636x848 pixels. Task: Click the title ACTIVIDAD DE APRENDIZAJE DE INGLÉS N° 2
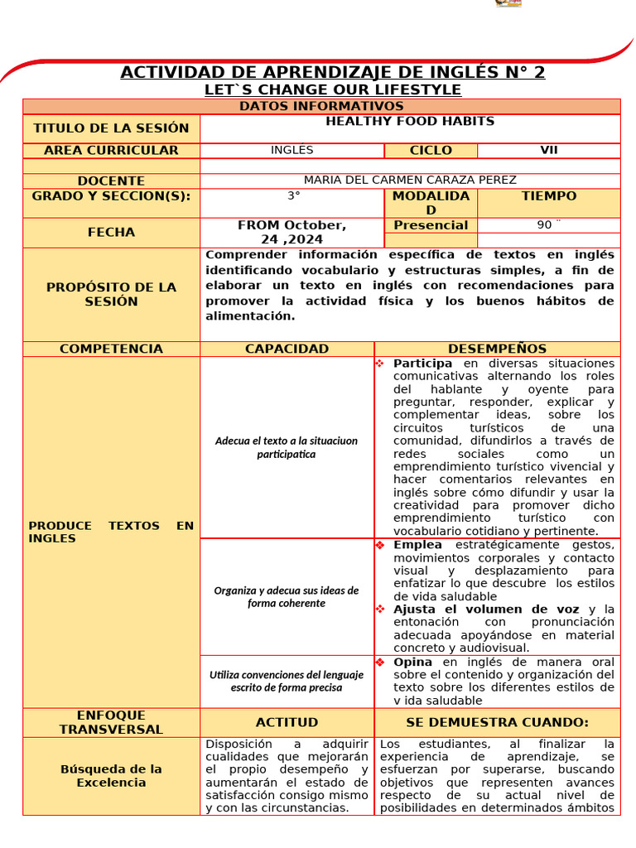pos(332,72)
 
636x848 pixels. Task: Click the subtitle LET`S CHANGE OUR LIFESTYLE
pos(332,89)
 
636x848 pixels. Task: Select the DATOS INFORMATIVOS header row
pos(321,106)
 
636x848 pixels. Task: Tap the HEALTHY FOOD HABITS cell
pos(410,122)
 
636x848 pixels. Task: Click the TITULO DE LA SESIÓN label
pos(111,128)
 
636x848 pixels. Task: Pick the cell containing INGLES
pos(291,150)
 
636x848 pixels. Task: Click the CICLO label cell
pos(431,150)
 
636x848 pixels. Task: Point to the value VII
pos(548,150)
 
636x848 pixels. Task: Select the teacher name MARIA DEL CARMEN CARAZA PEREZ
pos(410,180)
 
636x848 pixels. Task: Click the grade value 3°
pos(293,196)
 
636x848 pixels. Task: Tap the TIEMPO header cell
pos(548,196)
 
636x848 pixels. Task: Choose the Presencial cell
pos(431,225)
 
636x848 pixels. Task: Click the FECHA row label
pos(111,233)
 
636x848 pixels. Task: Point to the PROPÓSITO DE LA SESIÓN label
pos(111,294)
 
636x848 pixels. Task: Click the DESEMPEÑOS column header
pos(497,349)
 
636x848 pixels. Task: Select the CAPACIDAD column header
pos(287,349)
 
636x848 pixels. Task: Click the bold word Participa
pos(422,364)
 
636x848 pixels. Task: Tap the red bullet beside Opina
pos(380,662)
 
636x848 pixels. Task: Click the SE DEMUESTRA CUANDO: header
pos(497,722)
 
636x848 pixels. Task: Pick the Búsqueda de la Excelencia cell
pos(111,775)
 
